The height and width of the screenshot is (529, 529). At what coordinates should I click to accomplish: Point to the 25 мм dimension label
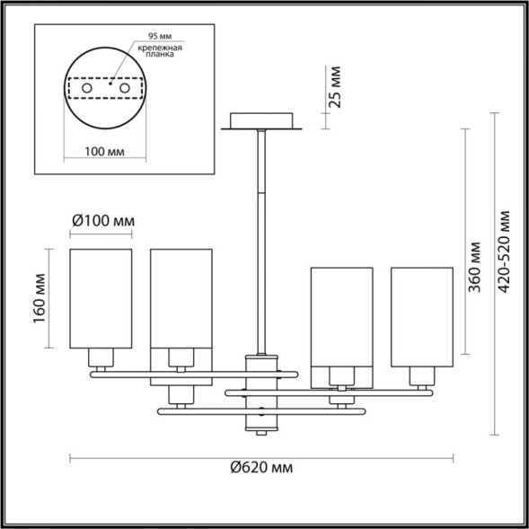335,86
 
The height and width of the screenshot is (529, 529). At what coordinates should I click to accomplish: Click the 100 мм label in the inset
108,151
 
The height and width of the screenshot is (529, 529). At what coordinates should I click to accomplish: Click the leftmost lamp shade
101,298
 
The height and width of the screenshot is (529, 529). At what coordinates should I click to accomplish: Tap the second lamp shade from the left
180,298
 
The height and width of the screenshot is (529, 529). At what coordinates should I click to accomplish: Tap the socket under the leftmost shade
101,359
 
